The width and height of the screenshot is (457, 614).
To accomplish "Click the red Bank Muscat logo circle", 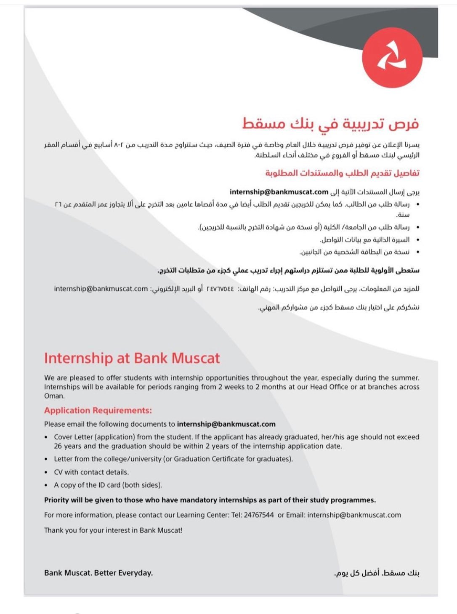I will point(391,55).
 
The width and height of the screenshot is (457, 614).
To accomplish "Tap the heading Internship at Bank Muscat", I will point(132,358).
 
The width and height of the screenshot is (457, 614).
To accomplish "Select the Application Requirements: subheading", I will point(98,410).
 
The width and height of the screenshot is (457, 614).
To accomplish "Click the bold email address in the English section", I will point(226,424).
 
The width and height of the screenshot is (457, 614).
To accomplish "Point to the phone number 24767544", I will point(259,515).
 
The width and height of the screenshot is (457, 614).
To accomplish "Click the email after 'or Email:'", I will point(354,515).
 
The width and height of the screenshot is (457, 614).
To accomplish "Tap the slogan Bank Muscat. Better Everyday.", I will point(98,573).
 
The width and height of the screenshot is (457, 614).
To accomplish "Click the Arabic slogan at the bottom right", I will point(377,573).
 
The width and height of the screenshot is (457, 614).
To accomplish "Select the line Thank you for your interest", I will point(113,530).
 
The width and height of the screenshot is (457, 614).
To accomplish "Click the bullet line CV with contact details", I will point(91,472).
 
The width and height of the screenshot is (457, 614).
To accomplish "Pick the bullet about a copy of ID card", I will point(108,485).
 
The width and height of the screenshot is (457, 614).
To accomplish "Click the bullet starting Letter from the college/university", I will point(173,459).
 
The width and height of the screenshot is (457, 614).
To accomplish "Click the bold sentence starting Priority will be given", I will point(210,500).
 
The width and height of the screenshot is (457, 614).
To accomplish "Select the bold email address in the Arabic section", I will point(279,192).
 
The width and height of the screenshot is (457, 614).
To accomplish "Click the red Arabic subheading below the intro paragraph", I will point(342,173).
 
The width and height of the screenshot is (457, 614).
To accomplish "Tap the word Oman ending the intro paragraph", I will point(54,396).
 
